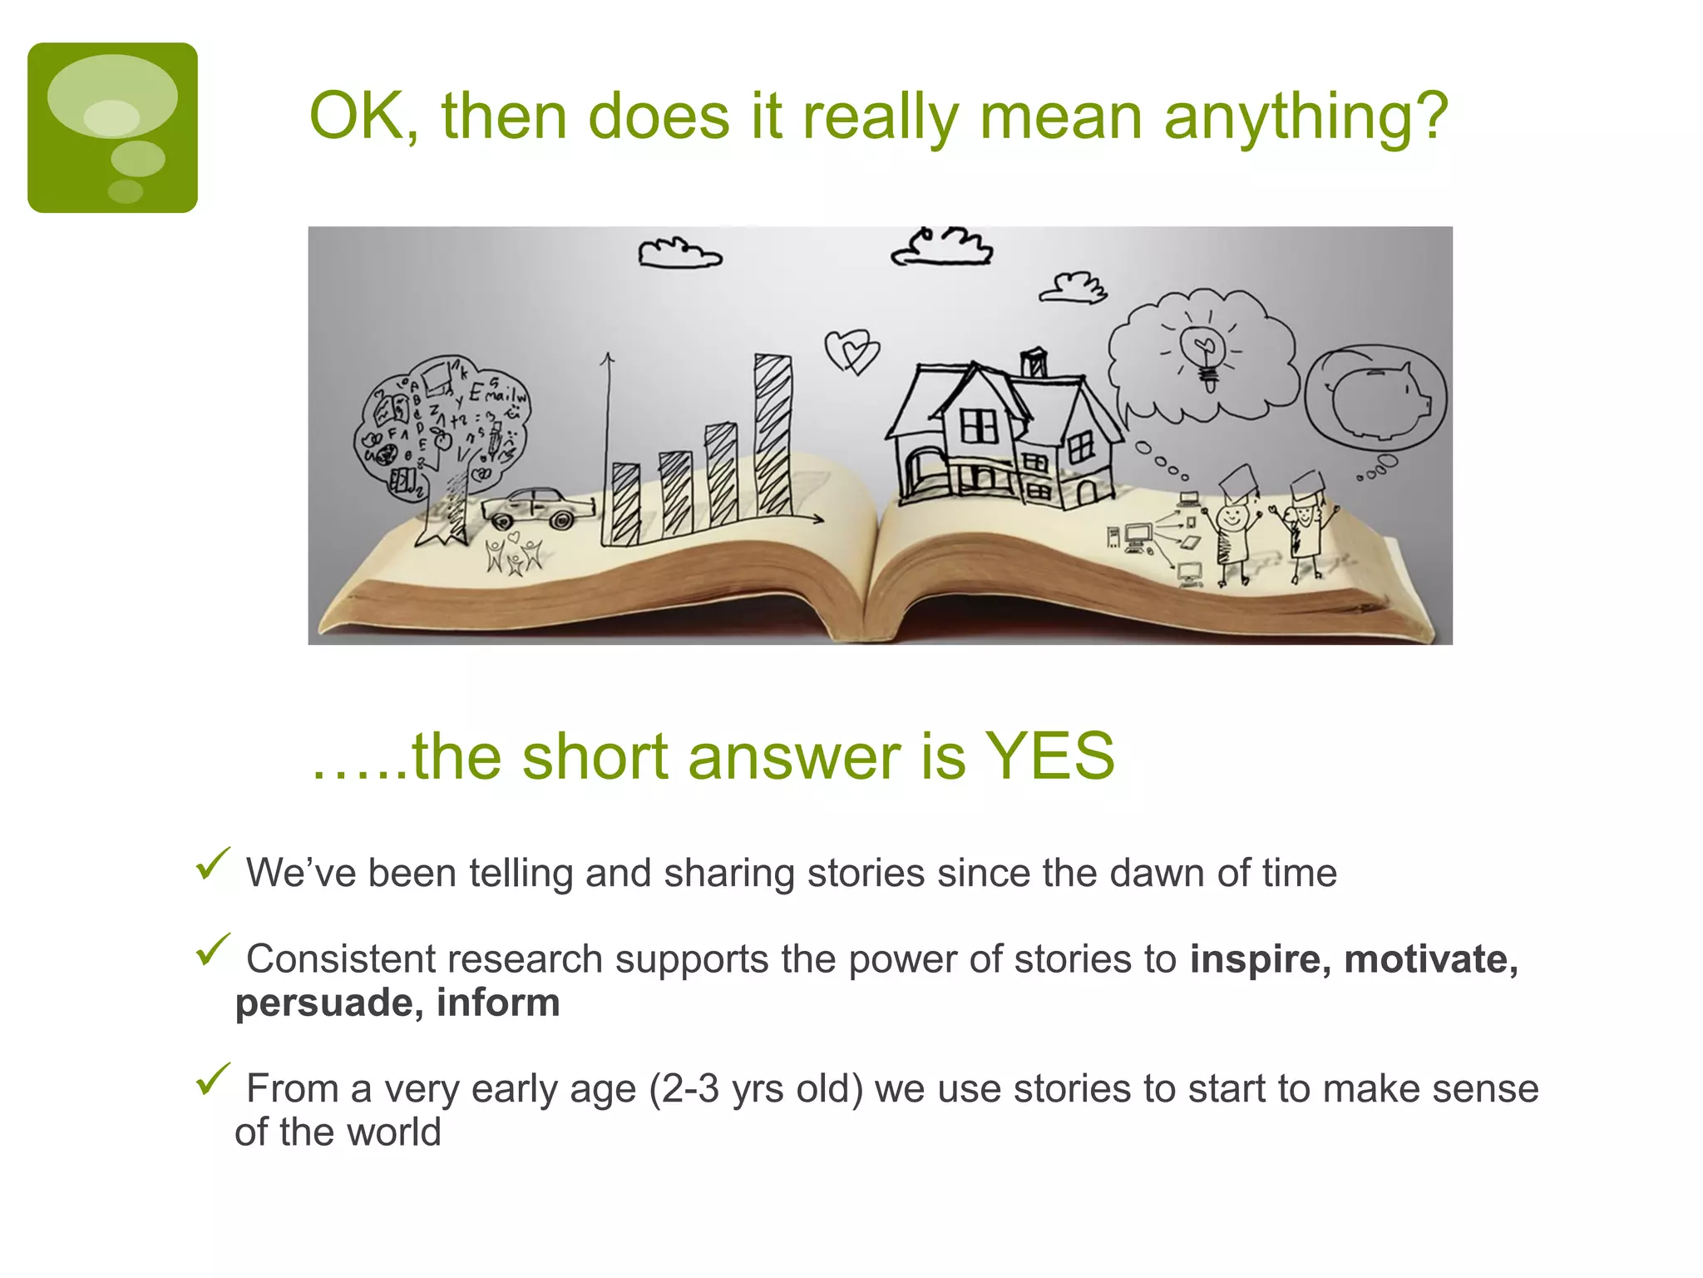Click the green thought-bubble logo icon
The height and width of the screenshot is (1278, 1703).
[112, 127]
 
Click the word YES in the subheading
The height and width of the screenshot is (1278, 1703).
[1049, 755]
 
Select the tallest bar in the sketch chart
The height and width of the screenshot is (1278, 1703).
[773, 434]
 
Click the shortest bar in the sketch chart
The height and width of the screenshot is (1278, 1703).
[625, 503]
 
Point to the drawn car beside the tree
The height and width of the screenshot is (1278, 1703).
[538, 507]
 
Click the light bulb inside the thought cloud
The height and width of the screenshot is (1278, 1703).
[1203, 354]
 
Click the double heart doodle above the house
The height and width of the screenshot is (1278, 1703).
[851, 350]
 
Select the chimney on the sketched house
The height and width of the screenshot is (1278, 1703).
[1034, 362]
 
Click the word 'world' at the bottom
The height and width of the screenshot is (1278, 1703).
[393, 1132]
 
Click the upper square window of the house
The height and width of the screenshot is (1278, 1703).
[979, 427]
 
